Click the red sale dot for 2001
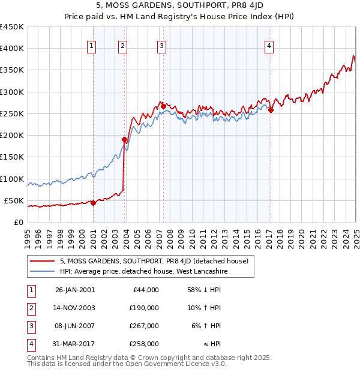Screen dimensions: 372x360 [x=94, y=203]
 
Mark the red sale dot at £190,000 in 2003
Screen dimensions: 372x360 [x=124, y=139]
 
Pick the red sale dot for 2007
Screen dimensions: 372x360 [x=163, y=106]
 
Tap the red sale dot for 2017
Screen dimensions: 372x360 [x=271, y=110]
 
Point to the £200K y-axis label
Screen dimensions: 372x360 [x=12, y=135]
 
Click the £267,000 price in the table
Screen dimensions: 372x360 [x=145, y=326]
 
